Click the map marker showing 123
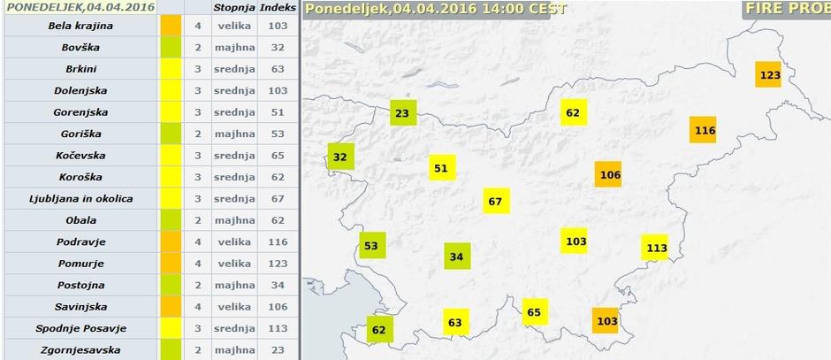[x=769, y=74]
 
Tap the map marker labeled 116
[x=704, y=130]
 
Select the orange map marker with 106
[x=609, y=174]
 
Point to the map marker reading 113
[x=655, y=248]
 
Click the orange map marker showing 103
[x=606, y=320]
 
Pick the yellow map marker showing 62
[x=573, y=112]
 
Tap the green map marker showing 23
[x=402, y=112]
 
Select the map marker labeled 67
[x=497, y=201]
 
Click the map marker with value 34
[x=456, y=257]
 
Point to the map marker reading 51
[x=441, y=168]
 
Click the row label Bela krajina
[x=80, y=26]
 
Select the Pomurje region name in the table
[x=80, y=264]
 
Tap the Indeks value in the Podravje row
[x=278, y=241]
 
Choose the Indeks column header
[x=278, y=7]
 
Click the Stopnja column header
[x=234, y=7]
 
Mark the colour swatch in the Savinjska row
[x=172, y=306]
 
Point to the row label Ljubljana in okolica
[x=80, y=198]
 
